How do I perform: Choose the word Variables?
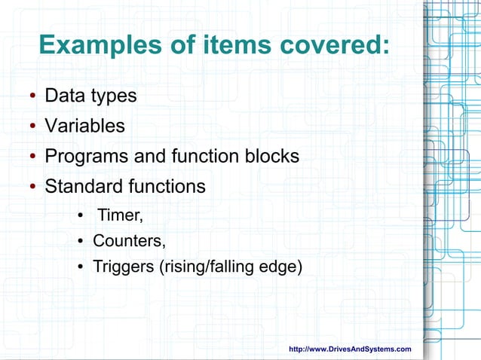click(85, 126)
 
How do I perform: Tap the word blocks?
click(270, 156)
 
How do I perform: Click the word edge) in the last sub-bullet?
click(281, 267)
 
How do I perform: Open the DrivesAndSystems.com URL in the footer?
click(351, 349)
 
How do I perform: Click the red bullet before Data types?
click(34, 98)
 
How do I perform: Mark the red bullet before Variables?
click(34, 127)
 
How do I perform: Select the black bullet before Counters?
click(80, 242)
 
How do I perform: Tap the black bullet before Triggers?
click(80, 267)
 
